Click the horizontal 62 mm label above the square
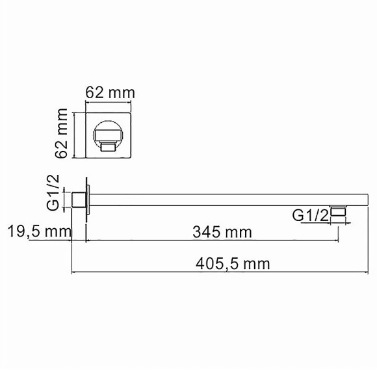[x=110, y=92]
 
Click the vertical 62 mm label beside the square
[x=63, y=134]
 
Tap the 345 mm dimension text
[x=222, y=231]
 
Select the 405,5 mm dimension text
[x=232, y=263]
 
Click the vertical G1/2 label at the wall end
[x=55, y=192]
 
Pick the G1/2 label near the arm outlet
[x=309, y=216]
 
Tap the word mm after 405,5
[x=257, y=263]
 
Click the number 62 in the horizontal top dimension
[x=96, y=92]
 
